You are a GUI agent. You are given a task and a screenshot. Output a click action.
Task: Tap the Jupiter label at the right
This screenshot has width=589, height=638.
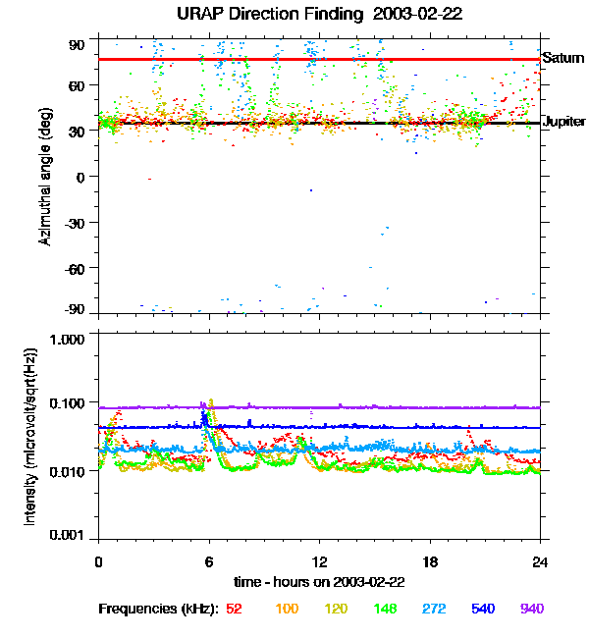tap(563, 122)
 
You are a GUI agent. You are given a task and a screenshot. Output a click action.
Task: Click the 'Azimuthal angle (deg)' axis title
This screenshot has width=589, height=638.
tap(44, 177)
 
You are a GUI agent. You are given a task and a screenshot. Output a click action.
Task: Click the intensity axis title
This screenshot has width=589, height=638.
tap(31, 437)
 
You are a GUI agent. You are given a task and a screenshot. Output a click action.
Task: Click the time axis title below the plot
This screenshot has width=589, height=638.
tap(319, 580)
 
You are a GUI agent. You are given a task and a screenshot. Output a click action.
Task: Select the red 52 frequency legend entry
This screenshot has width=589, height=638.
tap(234, 609)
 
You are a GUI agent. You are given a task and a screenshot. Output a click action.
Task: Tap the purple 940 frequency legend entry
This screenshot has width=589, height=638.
tap(531, 609)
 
